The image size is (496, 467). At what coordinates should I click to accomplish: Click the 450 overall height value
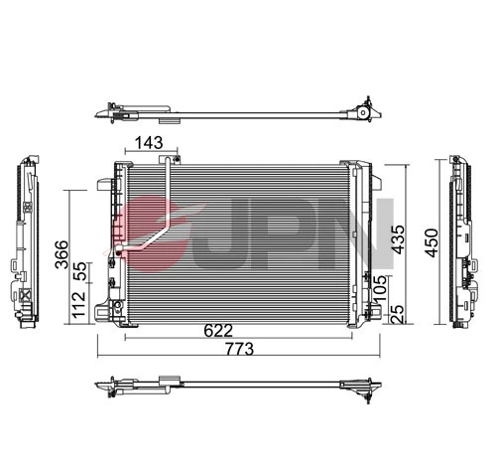point(429,241)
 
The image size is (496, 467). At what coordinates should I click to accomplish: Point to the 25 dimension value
point(398,314)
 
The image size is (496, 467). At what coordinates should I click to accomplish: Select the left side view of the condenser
point(27,244)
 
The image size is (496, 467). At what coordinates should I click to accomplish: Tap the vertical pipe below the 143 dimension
point(169,194)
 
